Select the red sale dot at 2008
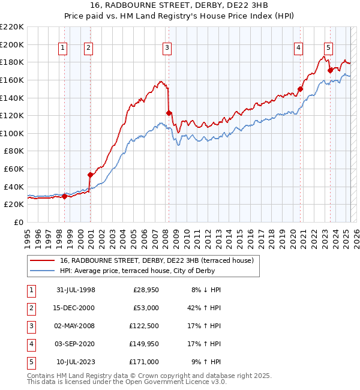pos(169,112)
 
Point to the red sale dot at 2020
pos(301,89)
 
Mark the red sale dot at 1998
pos(64,196)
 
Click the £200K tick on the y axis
pos(12,44)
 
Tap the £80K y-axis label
pos(13,151)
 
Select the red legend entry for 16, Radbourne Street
pos(157,260)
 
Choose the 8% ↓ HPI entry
pos(206,290)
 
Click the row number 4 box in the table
pos(31,344)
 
